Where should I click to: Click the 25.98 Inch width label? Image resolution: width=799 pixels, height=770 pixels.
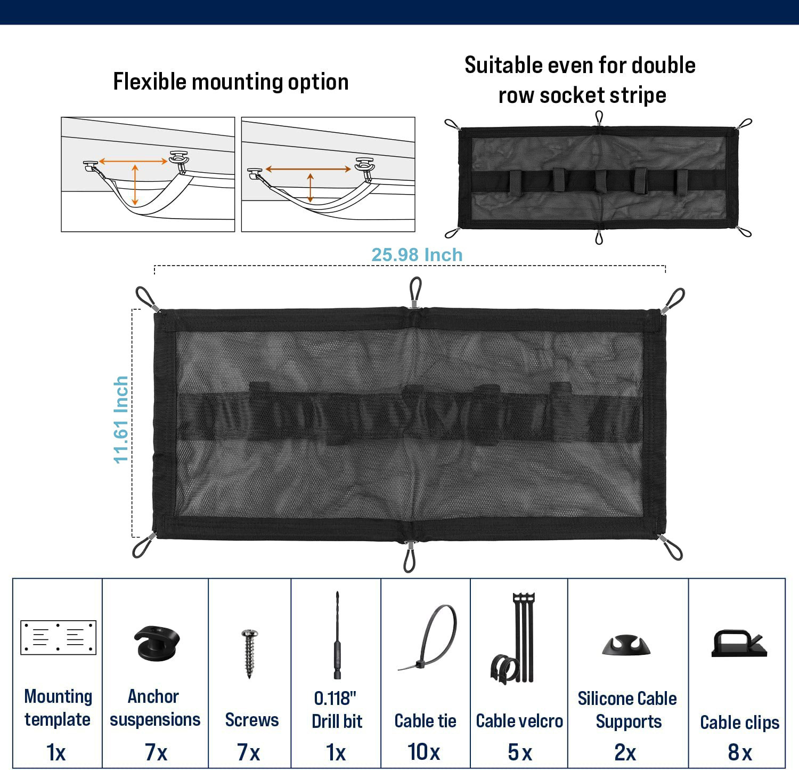pos(417,255)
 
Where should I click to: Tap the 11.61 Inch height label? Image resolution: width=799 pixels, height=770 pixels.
pos(121,420)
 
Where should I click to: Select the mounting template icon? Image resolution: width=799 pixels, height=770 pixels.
pos(58,637)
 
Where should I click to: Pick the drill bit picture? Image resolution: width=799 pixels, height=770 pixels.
pos(337,635)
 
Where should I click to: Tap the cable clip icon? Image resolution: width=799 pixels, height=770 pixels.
pos(739,644)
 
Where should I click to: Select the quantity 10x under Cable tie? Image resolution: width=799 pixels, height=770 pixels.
pos(424,752)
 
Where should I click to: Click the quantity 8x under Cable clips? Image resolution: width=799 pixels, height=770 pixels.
pos(739,752)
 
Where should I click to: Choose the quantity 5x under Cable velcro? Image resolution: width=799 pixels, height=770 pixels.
pos(519,752)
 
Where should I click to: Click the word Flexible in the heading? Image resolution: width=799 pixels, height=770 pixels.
pos(150,82)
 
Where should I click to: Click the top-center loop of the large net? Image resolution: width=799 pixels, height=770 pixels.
pos(415,291)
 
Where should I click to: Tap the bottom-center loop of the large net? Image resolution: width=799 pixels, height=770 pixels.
pos(409,558)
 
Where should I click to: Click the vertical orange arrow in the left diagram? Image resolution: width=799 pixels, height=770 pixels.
pos(135,185)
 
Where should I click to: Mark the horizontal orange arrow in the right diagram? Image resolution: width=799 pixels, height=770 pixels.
pos(308,169)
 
